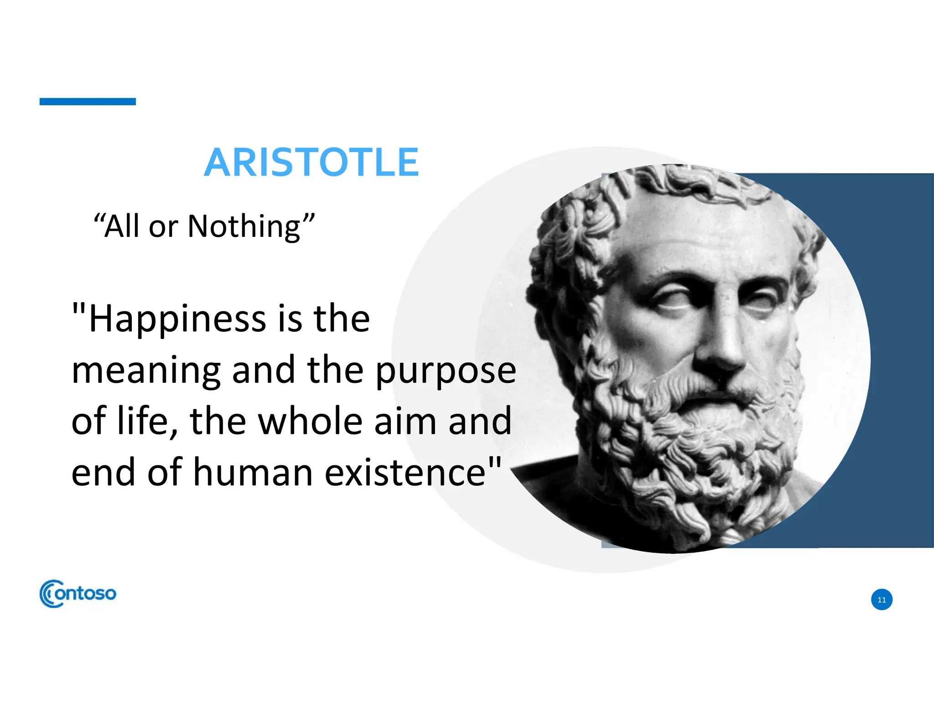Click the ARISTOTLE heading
point(311,163)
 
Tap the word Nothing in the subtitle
point(244,227)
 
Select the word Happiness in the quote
point(177,319)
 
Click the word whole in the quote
point(311,421)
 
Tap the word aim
point(406,421)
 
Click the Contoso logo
point(78,593)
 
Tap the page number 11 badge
point(882,600)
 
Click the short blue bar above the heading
point(88,102)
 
